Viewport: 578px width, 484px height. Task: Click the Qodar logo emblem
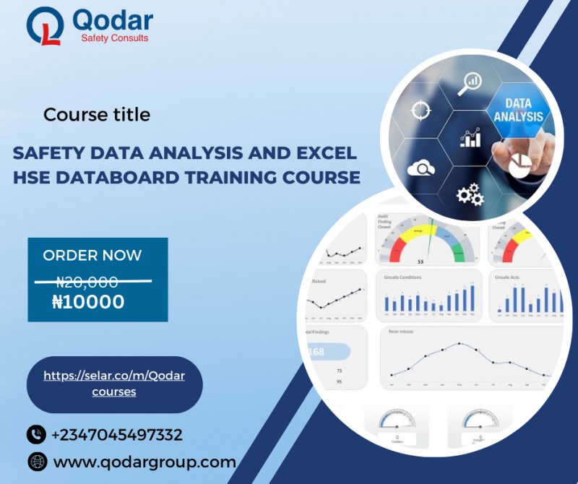pos(45,27)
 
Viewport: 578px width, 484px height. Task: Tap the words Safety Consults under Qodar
pos(115,38)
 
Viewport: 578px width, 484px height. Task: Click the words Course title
pos(97,114)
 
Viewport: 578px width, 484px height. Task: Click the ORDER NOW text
pos(92,255)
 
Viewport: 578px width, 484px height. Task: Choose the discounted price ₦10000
pos(88,302)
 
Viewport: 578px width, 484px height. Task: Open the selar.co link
pos(114,384)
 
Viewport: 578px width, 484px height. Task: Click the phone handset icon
pos(35,435)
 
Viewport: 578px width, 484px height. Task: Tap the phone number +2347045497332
pos(116,435)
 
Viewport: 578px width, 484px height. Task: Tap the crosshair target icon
pos(420,111)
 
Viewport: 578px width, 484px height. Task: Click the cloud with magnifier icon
pos(420,169)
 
